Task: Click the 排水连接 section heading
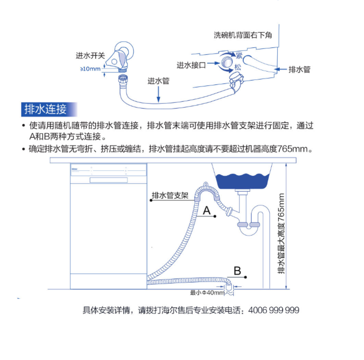(44, 109)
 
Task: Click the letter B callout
(238, 271)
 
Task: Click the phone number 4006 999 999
(273, 310)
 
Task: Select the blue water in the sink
(243, 179)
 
